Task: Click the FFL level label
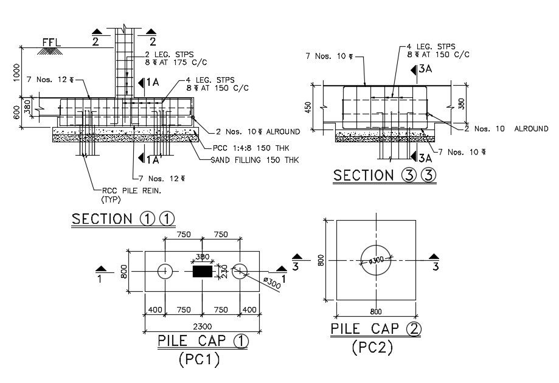[x=51, y=43]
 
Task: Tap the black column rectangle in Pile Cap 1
[x=203, y=271]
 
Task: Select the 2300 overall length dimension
[x=202, y=326]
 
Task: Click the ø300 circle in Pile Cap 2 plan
[x=376, y=260]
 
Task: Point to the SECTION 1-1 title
[x=123, y=219]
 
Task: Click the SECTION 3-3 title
[x=384, y=175]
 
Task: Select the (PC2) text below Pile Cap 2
[x=372, y=347]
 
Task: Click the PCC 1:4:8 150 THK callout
[x=251, y=148]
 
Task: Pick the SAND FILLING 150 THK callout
[x=255, y=160]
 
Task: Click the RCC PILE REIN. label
[x=131, y=191]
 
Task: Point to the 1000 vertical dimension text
[x=16, y=73]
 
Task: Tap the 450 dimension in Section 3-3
[x=308, y=108]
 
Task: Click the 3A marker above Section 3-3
[x=422, y=69]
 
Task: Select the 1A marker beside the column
[x=148, y=83]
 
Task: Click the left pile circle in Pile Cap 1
[x=165, y=272]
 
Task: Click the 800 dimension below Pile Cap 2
[x=376, y=312]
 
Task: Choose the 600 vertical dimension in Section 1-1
[x=16, y=114]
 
